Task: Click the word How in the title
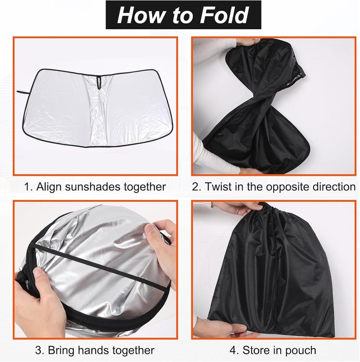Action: (141, 15)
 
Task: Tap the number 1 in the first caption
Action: (27, 186)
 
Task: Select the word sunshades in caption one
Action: (93, 186)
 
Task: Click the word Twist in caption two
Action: (218, 186)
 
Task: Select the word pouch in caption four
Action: (301, 350)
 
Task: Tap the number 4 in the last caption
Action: (234, 350)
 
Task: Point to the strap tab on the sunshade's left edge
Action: (22, 92)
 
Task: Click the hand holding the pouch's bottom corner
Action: (221, 328)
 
